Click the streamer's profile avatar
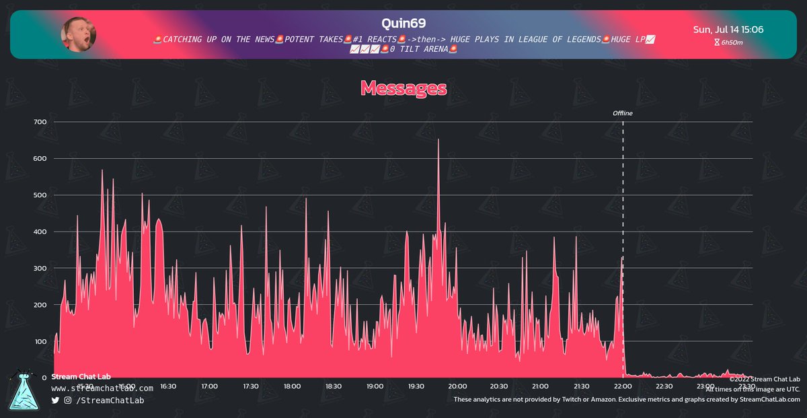(x=79, y=34)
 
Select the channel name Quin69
(x=403, y=23)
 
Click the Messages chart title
(x=403, y=88)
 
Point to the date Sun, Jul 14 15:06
(x=728, y=30)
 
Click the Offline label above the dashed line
(x=622, y=113)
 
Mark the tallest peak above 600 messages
(x=438, y=140)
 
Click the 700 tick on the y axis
(x=40, y=122)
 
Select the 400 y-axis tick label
(x=40, y=232)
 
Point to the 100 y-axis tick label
(x=40, y=341)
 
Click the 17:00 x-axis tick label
(x=209, y=386)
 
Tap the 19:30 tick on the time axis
(x=416, y=386)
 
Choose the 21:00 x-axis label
(x=540, y=386)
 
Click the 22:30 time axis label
(x=664, y=386)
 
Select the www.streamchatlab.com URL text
(x=102, y=388)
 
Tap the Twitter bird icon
(x=55, y=400)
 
